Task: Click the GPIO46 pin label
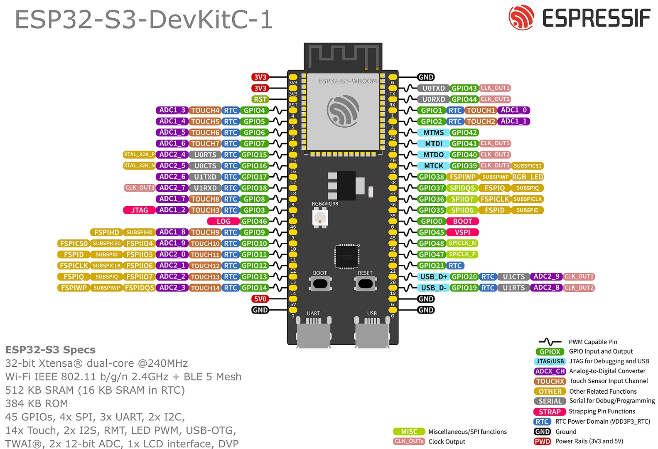click(x=254, y=221)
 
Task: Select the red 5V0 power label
click(x=260, y=299)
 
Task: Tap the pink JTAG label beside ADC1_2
click(x=139, y=210)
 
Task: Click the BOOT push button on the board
click(x=320, y=284)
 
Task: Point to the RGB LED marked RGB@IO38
click(x=320, y=217)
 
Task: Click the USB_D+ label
click(x=433, y=277)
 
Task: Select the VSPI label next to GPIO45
click(x=462, y=232)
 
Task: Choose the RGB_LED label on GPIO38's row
click(x=528, y=177)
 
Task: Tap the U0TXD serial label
click(x=433, y=88)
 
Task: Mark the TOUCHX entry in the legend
click(x=550, y=381)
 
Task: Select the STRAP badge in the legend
click(x=550, y=412)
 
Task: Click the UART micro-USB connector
click(x=314, y=333)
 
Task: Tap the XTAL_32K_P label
click(x=139, y=155)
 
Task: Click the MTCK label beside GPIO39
click(x=433, y=166)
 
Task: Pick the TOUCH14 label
click(x=205, y=288)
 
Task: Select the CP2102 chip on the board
click(x=347, y=256)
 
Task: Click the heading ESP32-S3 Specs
click(x=50, y=350)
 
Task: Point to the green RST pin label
click(x=260, y=99)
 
